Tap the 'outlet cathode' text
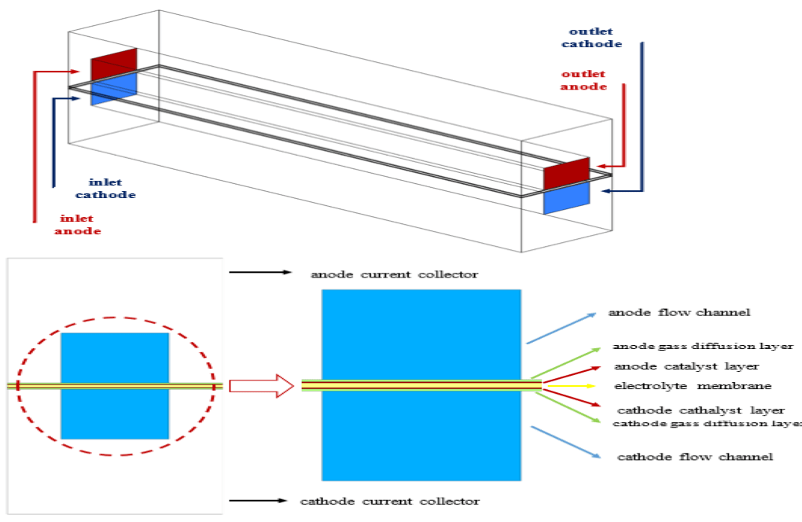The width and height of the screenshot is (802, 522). pyautogui.click(x=595, y=37)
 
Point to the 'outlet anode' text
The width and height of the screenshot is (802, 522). pyautogui.click(x=583, y=80)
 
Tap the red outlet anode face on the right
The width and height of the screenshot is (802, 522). pyautogui.click(x=566, y=173)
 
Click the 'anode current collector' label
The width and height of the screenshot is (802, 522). pyautogui.click(x=394, y=274)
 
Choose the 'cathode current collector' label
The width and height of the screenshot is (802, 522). pyautogui.click(x=390, y=501)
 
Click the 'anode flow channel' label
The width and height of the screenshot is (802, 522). pyautogui.click(x=679, y=313)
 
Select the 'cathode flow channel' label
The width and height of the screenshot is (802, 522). pyautogui.click(x=694, y=457)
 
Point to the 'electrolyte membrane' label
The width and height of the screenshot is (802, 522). pyautogui.click(x=682, y=386)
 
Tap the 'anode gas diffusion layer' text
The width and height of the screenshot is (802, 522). pyautogui.click(x=703, y=346)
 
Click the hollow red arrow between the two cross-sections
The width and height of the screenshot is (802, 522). pyautogui.click(x=261, y=386)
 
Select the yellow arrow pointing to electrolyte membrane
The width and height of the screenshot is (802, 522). pyautogui.click(x=575, y=386)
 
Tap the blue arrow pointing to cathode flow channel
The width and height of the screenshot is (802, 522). pyautogui.click(x=560, y=440)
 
